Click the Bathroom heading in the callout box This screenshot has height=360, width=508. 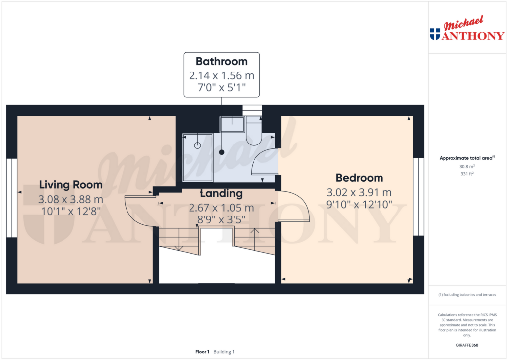[x=221, y=62]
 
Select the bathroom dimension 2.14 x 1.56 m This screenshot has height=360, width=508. [x=221, y=76]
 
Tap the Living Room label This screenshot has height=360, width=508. [x=71, y=185]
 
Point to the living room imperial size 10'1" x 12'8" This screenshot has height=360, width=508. [x=71, y=211]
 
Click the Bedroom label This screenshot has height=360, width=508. [x=359, y=178]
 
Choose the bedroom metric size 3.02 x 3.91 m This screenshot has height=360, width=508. [x=359, y=192]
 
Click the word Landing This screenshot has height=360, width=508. [x=221, y=194]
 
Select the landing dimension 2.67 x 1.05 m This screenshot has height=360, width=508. [x=221, y=207]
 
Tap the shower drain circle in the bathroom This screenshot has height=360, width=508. [x=197, y=145]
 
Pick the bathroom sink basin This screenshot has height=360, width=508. [x=232, y=124]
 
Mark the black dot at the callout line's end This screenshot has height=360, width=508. [x=222, y=152]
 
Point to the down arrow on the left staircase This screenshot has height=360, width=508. [x=177, y=247]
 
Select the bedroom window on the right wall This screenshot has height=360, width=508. [x=420, y=197]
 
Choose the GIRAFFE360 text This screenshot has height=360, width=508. [x=467, y=345]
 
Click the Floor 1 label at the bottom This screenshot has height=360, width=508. [x=202, y=352]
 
